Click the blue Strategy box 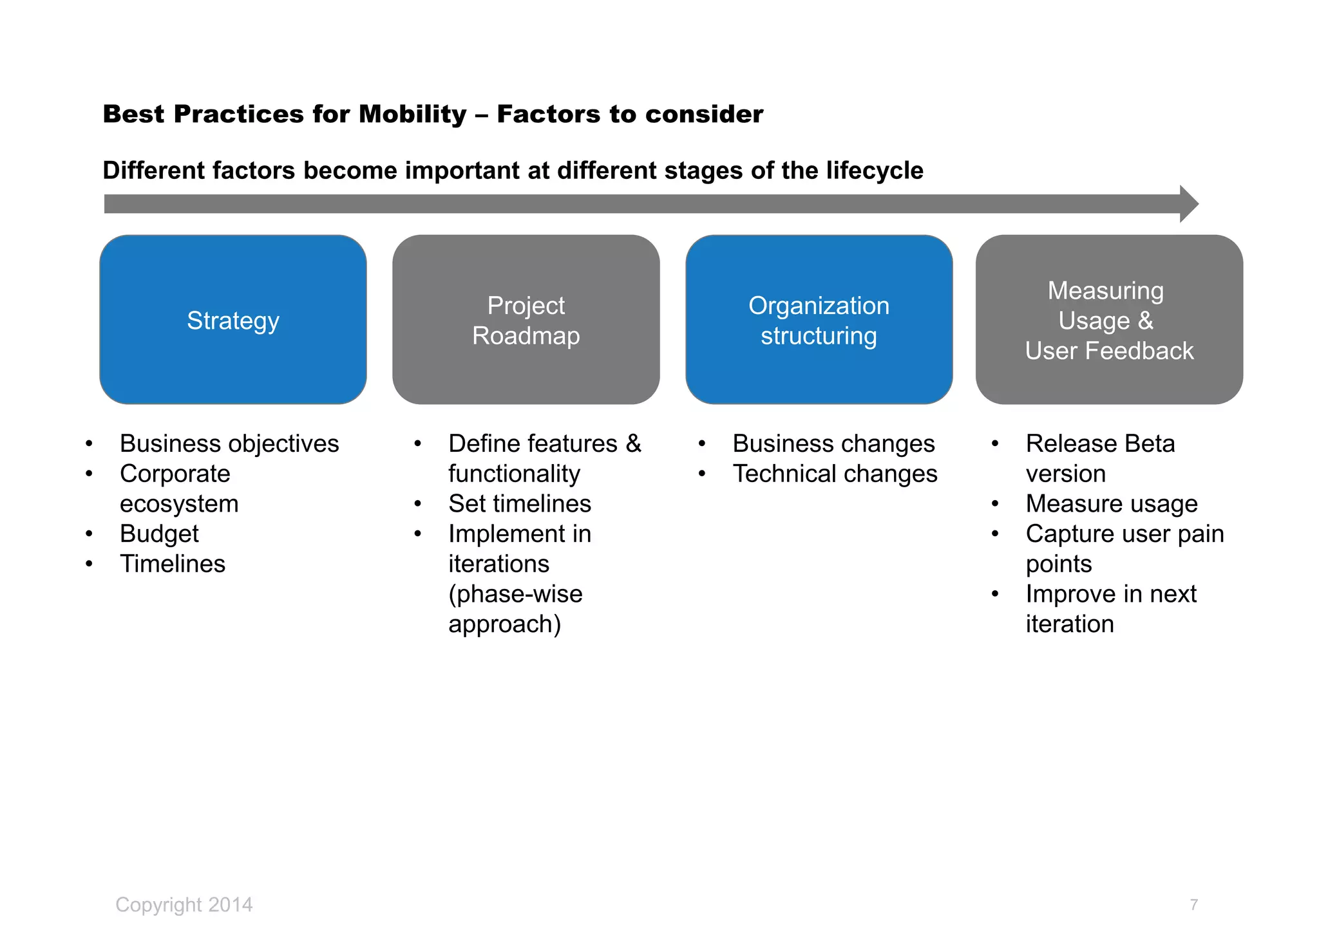point(233,320)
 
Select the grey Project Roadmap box point(526,320)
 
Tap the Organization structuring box point(819,320)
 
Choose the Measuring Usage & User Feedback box point(1109,320)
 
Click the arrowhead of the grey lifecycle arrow point(1188,204)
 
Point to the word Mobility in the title point(412,115)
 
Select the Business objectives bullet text point(229,443)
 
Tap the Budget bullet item point(159,534)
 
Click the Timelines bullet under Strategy point(173,564)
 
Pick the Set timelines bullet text point(520,503)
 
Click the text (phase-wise point(515,593)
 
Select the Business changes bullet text point(833,443)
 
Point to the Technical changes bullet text point(835,474)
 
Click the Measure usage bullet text point(1112,503)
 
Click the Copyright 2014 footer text point(184,904)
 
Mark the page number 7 point(1193,905)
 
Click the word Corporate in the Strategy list point(175,474)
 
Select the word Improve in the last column point(1070,593)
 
